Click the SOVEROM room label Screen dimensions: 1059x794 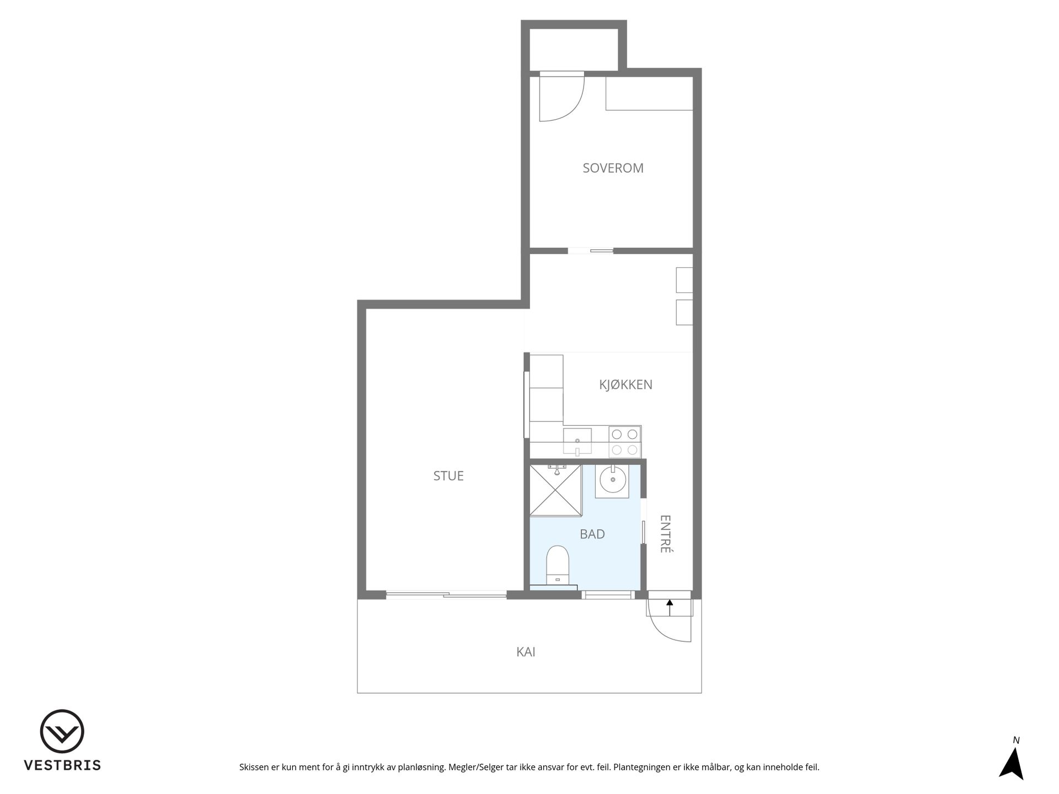pos(613,168)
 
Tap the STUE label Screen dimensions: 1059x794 pos(448,476)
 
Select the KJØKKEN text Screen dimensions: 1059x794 pos(625,385)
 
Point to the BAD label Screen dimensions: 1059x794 pos(592,534)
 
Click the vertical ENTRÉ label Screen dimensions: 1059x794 pos(665,534)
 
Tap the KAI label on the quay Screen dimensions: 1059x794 pos(526,652)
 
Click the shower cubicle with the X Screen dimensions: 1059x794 pos(555,491)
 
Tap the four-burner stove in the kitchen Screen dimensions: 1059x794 pos(625,442)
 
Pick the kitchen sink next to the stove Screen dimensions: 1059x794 pos(577,442)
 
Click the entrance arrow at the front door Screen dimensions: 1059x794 pos(670,607)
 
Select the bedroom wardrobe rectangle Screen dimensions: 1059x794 pos(649,93)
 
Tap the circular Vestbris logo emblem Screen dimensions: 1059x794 pos(62,731)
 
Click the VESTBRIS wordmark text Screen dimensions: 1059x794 pos(62,765)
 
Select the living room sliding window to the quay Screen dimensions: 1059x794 pos(446,594)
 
